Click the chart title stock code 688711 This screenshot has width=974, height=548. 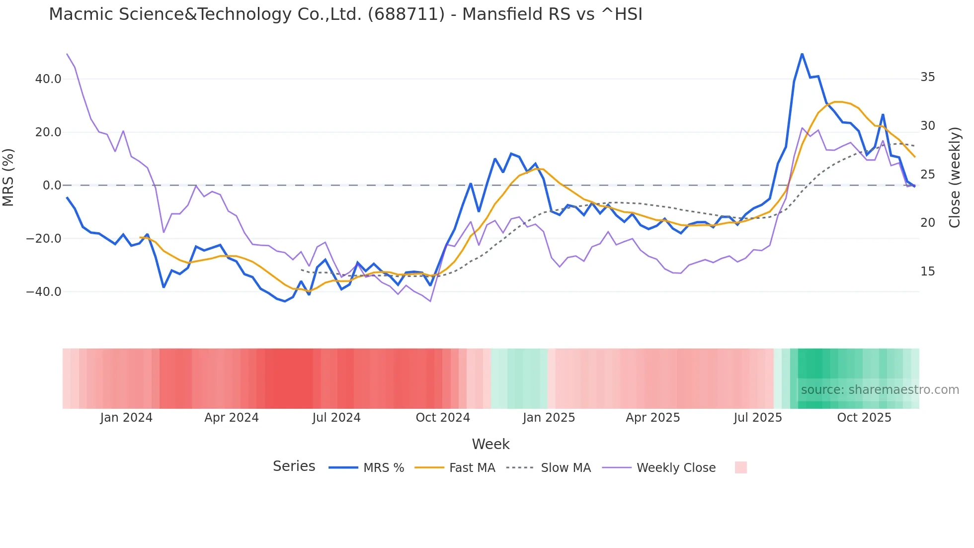[x=406, y=14]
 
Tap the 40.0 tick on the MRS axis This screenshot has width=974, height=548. [x=48, y=79]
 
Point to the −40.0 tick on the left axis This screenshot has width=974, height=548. [x=44, y=292]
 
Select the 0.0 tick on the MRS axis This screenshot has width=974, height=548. [x=52, y=185]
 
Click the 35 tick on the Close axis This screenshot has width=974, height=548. [x=928, y=77]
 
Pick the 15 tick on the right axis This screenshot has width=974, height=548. [x=928, y=272]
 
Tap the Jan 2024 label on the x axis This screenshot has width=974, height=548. [x=126, y=418]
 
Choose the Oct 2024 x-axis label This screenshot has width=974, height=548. [x=443, y=418]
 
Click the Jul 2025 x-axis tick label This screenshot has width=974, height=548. [x=758, y=418]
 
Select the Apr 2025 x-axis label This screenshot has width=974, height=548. [x=653, y=418]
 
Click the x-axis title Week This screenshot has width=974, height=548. [x=490, y=444]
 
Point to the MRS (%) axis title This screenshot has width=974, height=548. [x=8, y=177]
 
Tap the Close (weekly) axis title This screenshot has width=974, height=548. [x=955, y=178]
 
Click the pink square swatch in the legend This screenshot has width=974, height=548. [x=741, y=467]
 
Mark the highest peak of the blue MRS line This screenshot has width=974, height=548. [x=802, y=54]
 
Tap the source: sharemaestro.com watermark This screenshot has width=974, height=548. [x=880, y=390]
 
